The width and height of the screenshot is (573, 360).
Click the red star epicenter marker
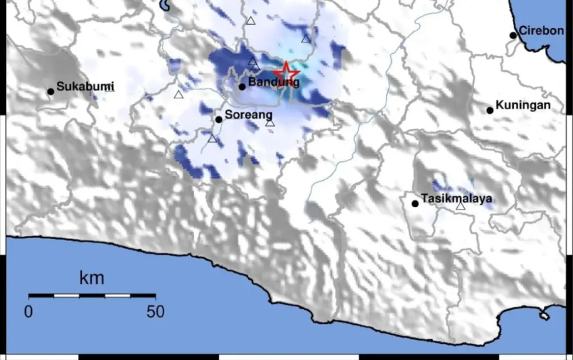(286, 74)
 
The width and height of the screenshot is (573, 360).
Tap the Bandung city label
(275, 83)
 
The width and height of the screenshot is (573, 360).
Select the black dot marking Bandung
(242, 87)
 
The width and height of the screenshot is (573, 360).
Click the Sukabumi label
(85, 86)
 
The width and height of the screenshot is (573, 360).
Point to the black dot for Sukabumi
(51, 91)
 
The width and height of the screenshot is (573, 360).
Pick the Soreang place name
(248, 115)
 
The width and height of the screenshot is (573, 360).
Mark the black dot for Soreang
(219, 119)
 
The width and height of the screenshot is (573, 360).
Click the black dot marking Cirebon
(513, 35)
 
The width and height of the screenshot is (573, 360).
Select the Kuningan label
(523, 105)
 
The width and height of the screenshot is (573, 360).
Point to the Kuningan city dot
(490, 110)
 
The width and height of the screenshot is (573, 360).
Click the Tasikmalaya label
(456, 199)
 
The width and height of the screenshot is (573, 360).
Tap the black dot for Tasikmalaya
(415, 203)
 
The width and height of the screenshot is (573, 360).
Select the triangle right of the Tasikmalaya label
(460, 206)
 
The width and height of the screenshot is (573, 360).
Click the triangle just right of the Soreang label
(270, 123)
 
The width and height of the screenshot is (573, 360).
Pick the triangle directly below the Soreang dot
(212, 139)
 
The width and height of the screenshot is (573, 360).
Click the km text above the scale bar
(92, 278)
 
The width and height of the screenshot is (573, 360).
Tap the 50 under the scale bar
(155, 312)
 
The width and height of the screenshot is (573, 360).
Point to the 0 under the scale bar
(29, 312)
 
